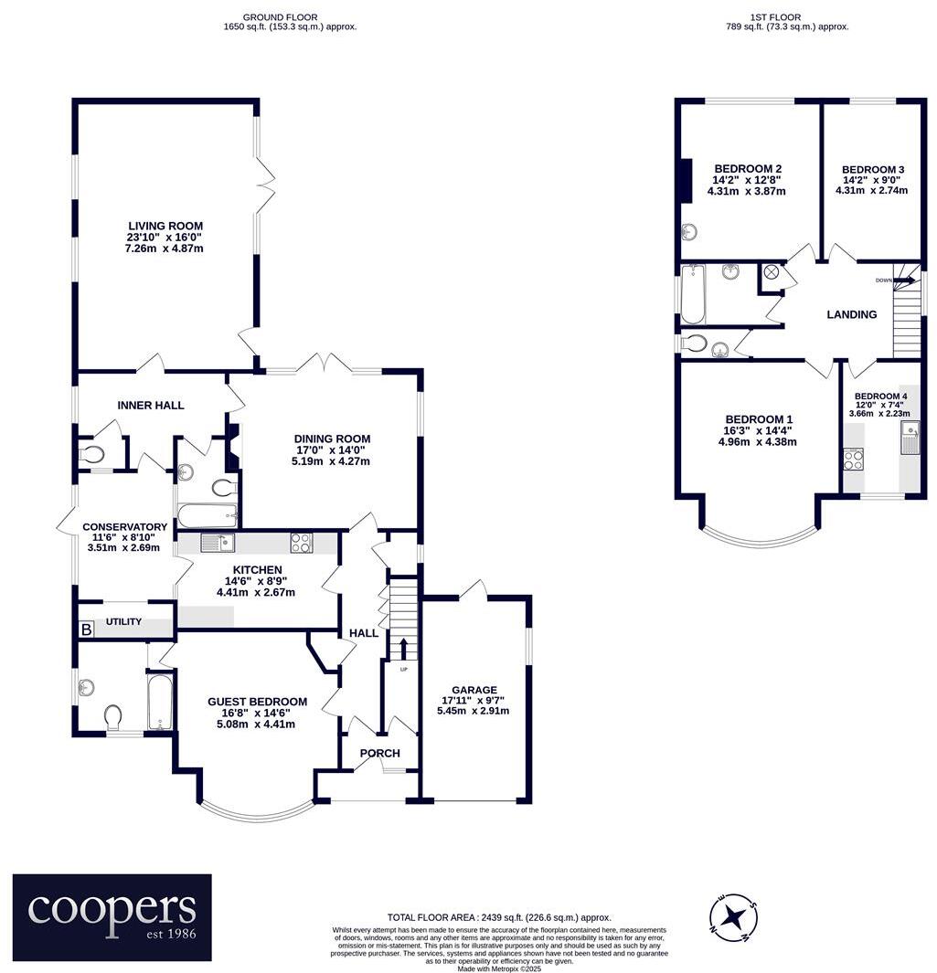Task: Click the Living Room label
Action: pyautogui.click(x=165, y=227)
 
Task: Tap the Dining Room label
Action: pyautogui.click(x=332, y=439)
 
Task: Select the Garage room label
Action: pyautogui.click(x=474, y=690)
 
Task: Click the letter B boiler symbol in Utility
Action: pyautogui.click(x=87, y=629)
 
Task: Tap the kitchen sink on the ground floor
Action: pyautogui.click(x=218, y=544)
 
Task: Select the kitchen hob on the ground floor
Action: pyautogui.click(x=301, y=543)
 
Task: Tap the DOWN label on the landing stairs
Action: pyautogui.click(x=883, y=280)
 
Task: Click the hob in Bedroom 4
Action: pyautogui.click(x=853, y=460)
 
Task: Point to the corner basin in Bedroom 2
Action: pyautogui.click(x=688, y=232)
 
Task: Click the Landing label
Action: pyautogui.click(x=851, y=314)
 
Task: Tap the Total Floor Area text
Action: pyautogui.click(x=499, y=917)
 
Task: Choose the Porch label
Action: pyautogui.click(x=379, y=753)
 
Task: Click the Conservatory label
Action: pyautogui.click(x=124, y=527)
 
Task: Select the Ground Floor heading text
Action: pyautogui.click(x=290, y=16)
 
